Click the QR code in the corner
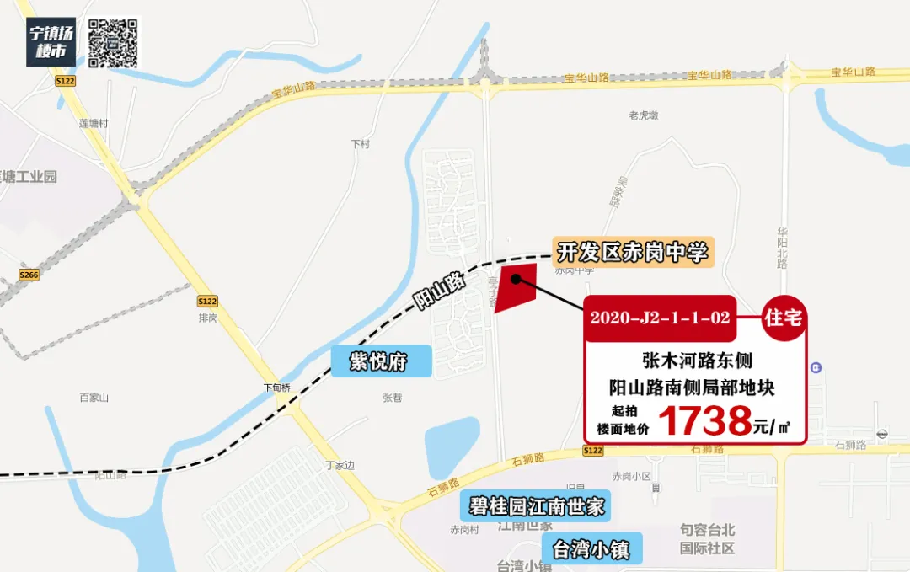[113, 42]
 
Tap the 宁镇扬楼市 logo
[51, 42]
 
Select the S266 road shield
[29, 275]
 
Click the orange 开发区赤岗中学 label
[633, 251]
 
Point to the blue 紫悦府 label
[380, 362]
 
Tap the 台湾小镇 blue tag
[591, 549]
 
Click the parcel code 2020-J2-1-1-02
[660, 318]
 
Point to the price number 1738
[704, 420]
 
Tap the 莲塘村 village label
[94, 123]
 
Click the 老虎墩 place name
[644, 115]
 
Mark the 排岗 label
[208, 318]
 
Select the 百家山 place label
[94, 397]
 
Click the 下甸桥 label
[276, 388]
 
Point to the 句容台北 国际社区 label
[708, 539]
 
